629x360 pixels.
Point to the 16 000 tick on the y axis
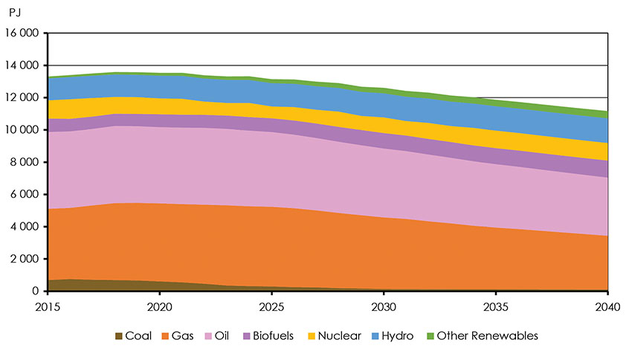click(x=22, y=33)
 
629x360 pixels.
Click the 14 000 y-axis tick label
click(x=22, y=65)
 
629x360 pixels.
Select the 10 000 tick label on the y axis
click(x=22, y=130)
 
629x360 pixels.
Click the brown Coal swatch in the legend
click(x=120, y=336)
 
